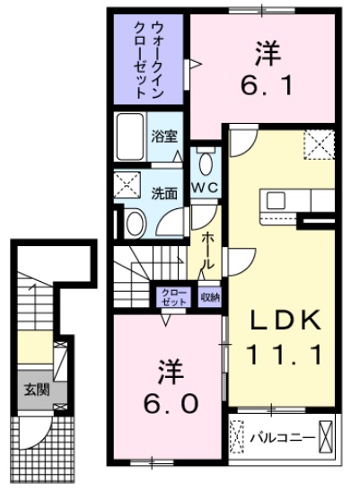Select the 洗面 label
[163, 192]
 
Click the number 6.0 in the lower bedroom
[166, 402]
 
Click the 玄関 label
[35, 391]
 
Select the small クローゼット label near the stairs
[173, 297]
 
